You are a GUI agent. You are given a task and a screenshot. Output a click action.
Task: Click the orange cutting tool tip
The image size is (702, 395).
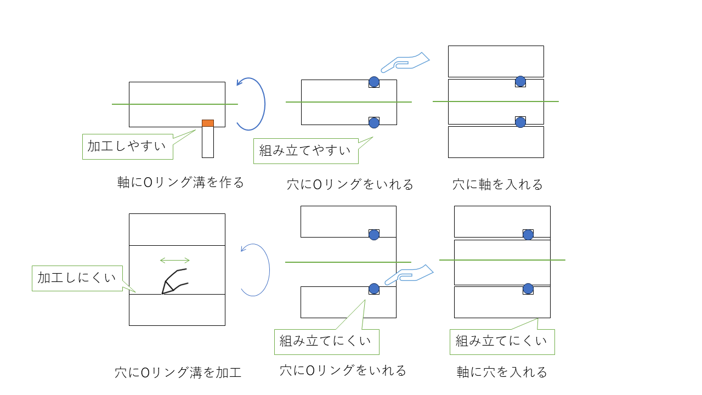click(208, 123)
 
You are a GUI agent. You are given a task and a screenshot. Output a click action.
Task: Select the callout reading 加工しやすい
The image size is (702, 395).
click(128, 146)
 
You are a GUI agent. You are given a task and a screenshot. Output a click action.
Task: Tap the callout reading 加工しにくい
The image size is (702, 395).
click(77, 278)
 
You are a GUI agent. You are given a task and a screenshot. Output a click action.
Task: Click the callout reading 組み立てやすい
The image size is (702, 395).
click(305, 151)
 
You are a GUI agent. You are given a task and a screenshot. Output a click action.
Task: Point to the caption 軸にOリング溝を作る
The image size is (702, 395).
click(180, 183)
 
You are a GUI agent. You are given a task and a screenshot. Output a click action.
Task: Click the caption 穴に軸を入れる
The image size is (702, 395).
click(497, 184)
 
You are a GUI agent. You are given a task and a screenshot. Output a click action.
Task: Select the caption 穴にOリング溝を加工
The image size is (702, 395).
click(178, 373)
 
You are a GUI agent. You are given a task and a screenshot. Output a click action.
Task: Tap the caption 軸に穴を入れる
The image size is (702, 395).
click(502, 373)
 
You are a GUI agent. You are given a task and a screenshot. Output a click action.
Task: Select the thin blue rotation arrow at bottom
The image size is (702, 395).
click(257, 270)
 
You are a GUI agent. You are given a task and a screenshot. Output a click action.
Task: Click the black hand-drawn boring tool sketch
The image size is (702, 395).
click(174, 281)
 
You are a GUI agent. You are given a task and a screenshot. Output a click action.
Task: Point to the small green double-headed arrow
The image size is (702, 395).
click(174, 260)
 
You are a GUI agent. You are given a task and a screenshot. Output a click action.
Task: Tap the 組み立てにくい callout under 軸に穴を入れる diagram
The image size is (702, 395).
click(502, 342)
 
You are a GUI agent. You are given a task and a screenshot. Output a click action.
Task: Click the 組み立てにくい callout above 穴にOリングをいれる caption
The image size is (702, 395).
click(326, 342)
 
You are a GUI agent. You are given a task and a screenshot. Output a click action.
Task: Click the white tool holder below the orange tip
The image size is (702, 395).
click(208, 142)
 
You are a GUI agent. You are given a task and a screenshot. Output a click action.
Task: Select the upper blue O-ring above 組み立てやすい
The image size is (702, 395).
click(374, 82)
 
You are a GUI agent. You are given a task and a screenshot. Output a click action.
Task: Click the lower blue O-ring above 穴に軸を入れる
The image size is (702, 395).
click(520, 122)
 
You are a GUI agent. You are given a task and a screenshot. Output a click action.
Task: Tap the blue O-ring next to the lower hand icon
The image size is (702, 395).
click(374, 289)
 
